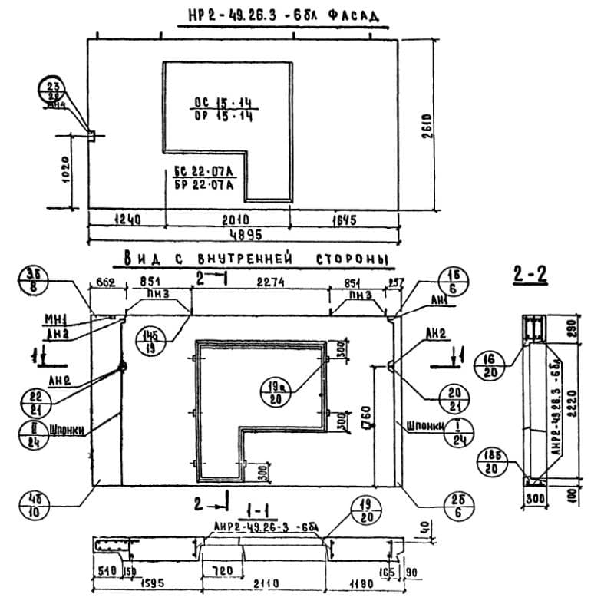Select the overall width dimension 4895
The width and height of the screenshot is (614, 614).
click(x=243, y=234)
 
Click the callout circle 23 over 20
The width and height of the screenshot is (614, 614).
click(x=54, y=93)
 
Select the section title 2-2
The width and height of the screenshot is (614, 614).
click(x=530, y=274)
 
